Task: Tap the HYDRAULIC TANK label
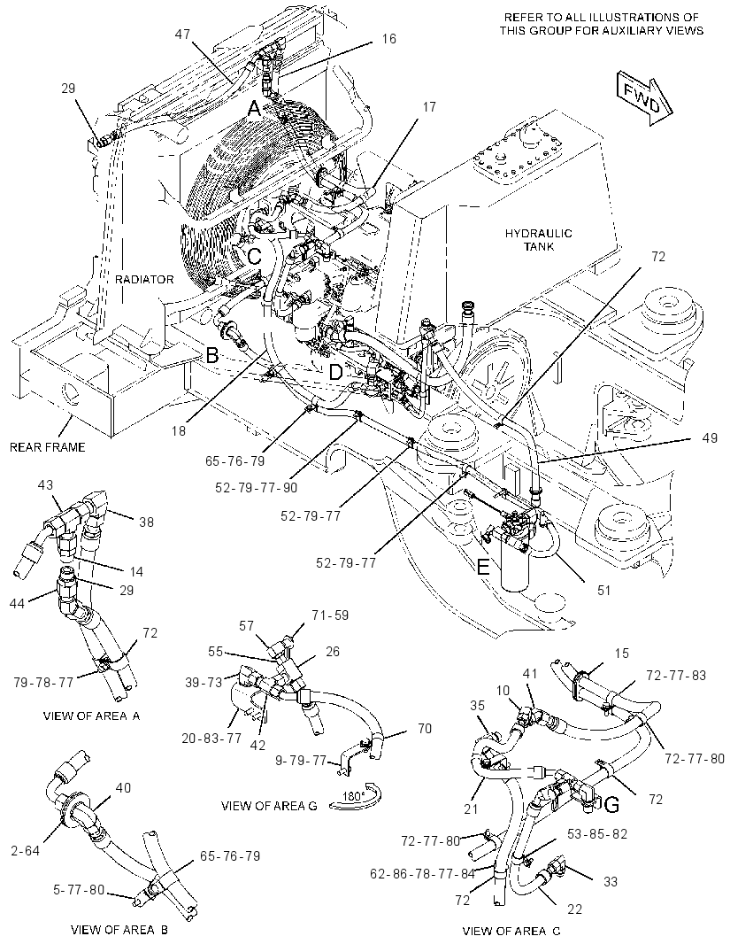530,240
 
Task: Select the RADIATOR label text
144,279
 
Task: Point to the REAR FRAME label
47,446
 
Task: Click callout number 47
182,35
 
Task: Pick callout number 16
389,39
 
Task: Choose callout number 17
429,107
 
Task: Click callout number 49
710,437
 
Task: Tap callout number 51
603,590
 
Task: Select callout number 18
179,430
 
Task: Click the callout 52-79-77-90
256,488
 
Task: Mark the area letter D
335,372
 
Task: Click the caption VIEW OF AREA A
91,716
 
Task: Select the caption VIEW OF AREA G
269,806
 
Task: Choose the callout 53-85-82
597,834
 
